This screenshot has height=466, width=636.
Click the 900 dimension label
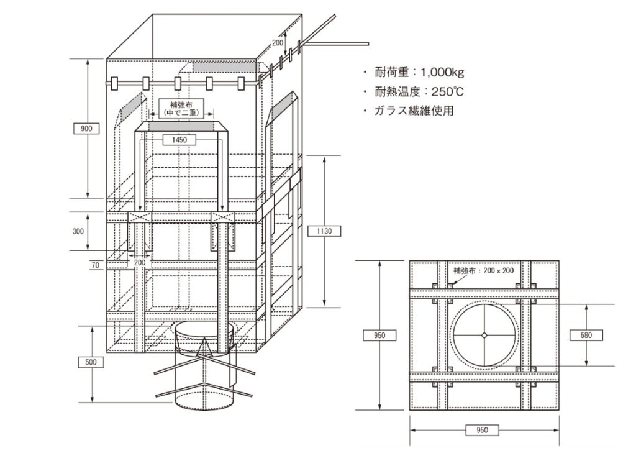point(87,129)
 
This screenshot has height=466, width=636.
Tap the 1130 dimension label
point(325,231)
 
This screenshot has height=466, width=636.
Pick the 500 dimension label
point(91,362)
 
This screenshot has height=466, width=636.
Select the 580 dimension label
point(586,335)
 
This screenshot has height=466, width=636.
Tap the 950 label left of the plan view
point(378,336)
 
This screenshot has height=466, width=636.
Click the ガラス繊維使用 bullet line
point(412,111)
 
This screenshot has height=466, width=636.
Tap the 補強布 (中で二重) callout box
point(181,108)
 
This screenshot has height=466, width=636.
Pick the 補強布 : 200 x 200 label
point(482,271)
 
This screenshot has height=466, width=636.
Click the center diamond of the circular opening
point(483,336)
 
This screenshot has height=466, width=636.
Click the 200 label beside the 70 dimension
point(139,263)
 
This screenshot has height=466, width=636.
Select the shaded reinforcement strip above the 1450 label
point(181,127)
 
